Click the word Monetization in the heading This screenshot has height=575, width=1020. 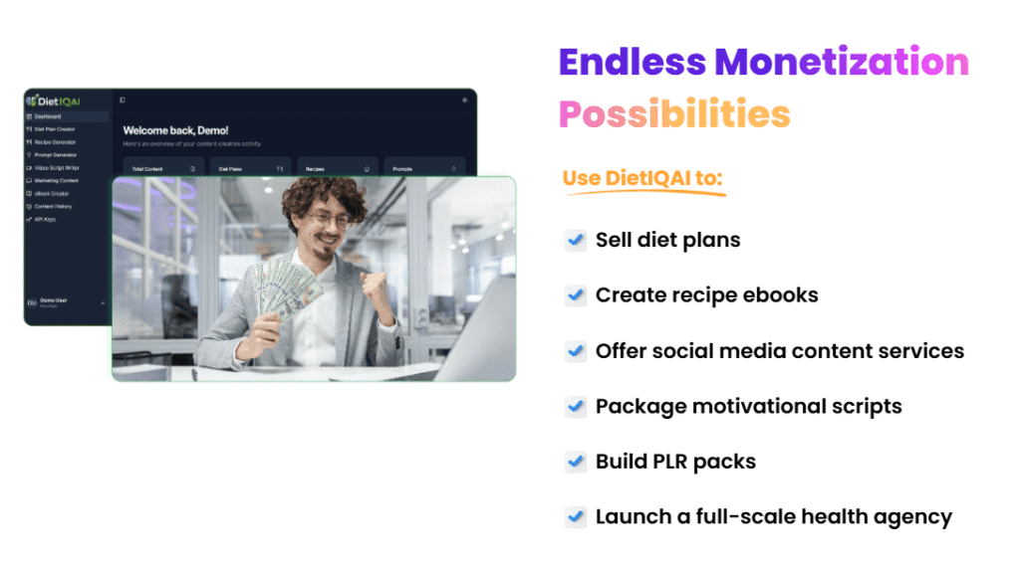pyautogui.click(x=842, y=63)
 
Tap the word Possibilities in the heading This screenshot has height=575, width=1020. pyautogui.click(x=673, y=113)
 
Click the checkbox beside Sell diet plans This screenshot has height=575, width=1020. pyautogui.click(x=575, y=240)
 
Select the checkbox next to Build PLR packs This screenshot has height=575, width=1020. pyautogui.click(x=575, y=462)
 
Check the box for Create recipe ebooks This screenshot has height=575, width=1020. pyautogui.click(x=575, y=295)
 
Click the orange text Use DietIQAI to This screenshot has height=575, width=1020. pyautogui.click(x=641, y=178)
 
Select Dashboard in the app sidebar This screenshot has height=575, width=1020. pyautogui.click(x=48, y=116)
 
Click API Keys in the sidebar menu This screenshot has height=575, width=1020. pyautogui.click(x=45, y=219)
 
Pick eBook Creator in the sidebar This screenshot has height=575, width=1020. pyautogui.click(x=52, y=193)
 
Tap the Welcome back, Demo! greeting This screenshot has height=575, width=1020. pyautogui.click(x=175, y=130)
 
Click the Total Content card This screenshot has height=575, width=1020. pyautogui.click(x=163, y=169)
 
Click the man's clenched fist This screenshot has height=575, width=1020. pyautogui.click(x=377, y=285)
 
